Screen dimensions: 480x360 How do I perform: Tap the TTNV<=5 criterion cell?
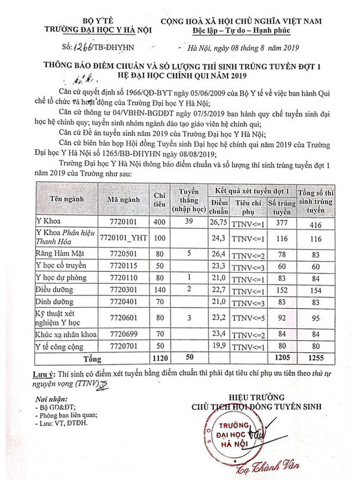248,319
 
